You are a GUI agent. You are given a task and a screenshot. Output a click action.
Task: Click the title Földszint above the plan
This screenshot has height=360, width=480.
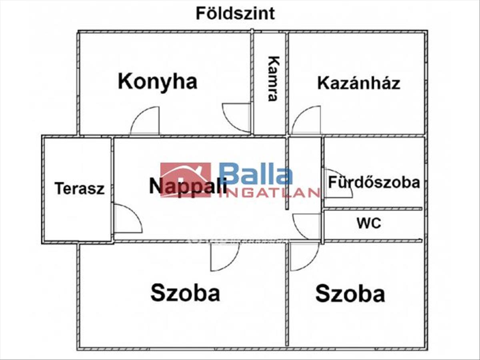point(235,14)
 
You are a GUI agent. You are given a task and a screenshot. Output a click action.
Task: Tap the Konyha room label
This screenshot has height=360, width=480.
point(158,82)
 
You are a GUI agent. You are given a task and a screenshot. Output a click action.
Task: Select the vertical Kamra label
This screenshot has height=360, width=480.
point(273,78)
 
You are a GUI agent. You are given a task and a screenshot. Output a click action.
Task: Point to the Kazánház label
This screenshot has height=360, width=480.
point(359,83)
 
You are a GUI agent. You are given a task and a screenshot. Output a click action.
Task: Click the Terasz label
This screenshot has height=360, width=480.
point(80,188)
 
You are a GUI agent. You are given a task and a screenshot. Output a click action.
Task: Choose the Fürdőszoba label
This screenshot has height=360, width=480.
point(374,182)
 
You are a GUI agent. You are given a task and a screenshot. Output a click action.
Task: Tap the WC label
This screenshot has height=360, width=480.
point(369,223)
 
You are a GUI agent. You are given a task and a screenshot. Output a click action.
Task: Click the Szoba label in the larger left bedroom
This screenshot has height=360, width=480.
point(185,293)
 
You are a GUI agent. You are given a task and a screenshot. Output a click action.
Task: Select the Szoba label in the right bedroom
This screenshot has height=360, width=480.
point(350,294)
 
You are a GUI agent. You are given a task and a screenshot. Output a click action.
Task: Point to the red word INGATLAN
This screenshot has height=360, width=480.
point(270,193)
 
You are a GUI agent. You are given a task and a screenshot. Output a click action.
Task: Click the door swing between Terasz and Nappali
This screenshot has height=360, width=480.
point(127,219)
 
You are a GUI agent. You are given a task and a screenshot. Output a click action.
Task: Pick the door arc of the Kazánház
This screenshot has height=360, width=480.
point(307,120)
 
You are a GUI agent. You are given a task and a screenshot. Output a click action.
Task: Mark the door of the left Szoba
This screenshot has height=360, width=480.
point(224,256)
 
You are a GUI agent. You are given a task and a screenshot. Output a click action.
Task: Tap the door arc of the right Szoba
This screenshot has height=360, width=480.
point(304,256)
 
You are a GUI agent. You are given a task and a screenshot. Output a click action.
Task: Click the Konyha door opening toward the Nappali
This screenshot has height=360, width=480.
point(145,121)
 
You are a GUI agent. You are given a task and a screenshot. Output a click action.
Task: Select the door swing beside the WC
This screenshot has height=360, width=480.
point(307,226)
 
